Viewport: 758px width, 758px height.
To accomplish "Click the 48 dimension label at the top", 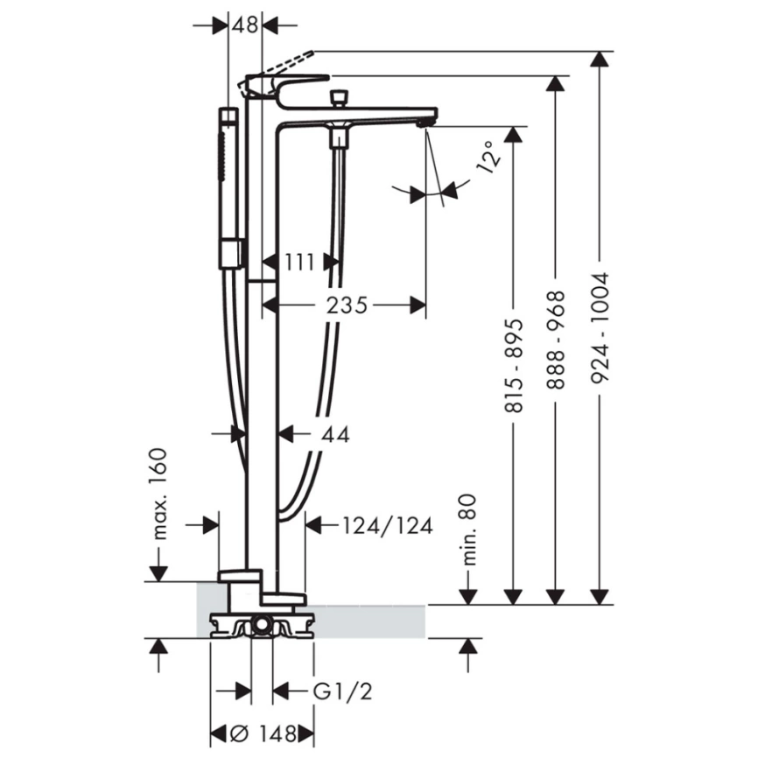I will point(245,25).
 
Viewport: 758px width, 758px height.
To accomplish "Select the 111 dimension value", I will point(300,260).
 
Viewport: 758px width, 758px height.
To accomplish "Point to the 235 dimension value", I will point(347,305).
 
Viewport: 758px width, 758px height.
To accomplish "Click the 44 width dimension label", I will point(334,432).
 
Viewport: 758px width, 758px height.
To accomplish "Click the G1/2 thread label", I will point(343,691).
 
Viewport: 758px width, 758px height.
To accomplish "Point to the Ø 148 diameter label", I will point(262,732).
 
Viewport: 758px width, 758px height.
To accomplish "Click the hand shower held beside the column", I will point(228,184).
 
